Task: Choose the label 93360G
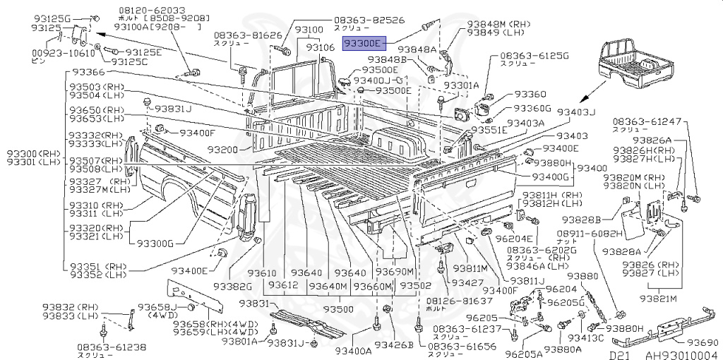[532, 108]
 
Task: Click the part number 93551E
[489, 130]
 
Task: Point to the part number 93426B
[393, 345]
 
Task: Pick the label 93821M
[664, 299]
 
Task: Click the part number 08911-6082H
[590, 233]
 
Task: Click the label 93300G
[155, 244]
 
